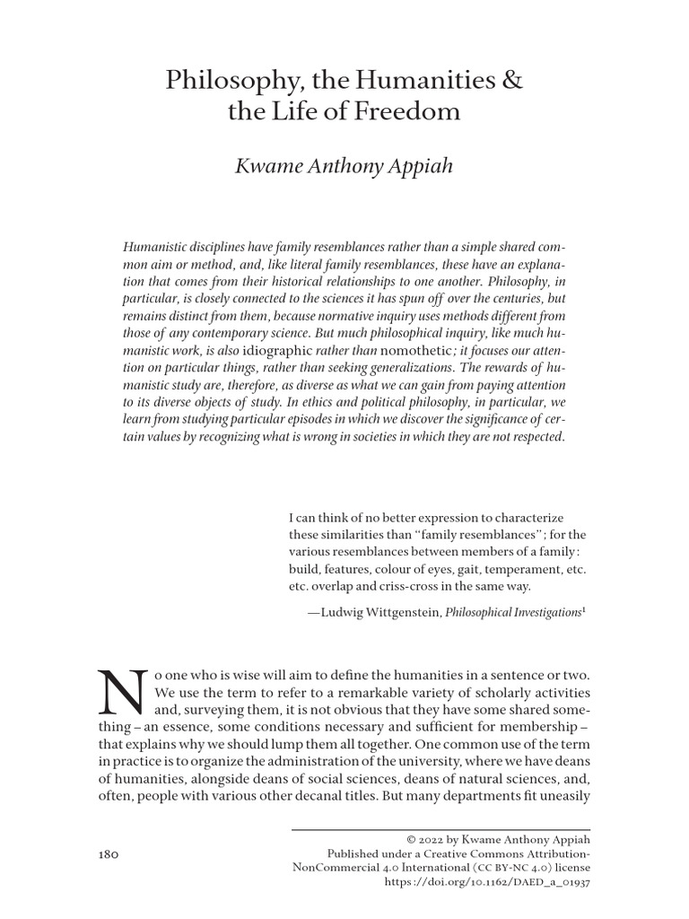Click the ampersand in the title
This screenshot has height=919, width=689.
(x=511, y=83)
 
